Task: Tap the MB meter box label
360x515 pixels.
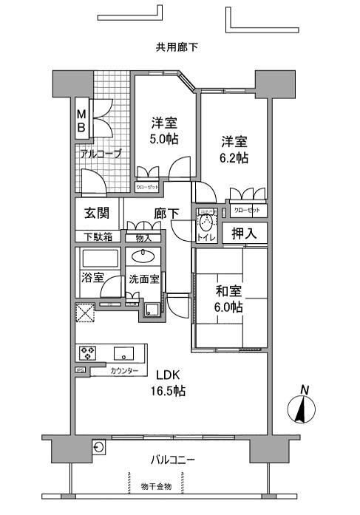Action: coord(83,120)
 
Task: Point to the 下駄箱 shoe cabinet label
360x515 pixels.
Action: coord(97,237)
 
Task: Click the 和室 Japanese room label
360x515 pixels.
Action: coord(228,290)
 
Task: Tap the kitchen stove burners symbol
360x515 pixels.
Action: coord(89,351)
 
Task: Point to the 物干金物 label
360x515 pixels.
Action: coord(156,486)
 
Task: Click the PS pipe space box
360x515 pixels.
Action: coord(79,370)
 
